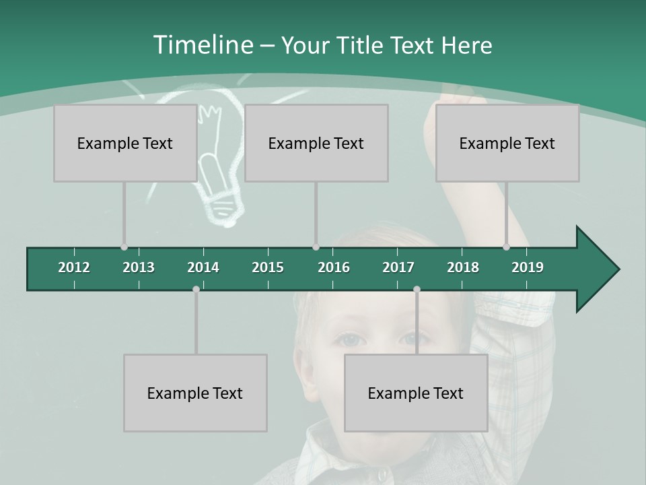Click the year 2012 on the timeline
click(74, 267)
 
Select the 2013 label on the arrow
click(139, 267)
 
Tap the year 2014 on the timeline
click(203, 267)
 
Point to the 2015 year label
click(268, 267)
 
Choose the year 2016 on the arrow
click(334, 267)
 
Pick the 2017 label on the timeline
click(398, 267)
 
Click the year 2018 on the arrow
click(463, 267)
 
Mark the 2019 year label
click(528, 267)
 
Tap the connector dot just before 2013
click(124, 247)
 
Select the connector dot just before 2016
click(316, 247)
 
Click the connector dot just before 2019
click(506, 247)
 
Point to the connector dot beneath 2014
click(196, 289)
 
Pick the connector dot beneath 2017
click(417, 289)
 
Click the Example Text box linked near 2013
click(125, 143)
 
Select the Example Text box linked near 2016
click(316, 143)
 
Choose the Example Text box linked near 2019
click(507, 143)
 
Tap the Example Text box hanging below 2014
click(195, 393)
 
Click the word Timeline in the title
click(202, 45)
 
